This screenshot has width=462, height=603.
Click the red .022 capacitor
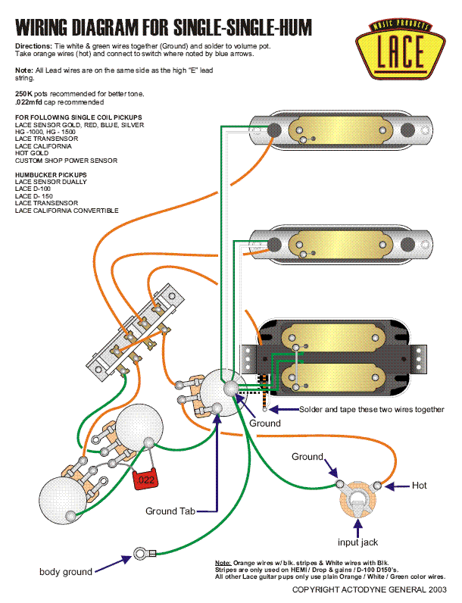pyautogui.click(x=144, y=479)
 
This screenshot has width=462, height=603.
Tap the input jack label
pyautogui.click(x=358, y=542)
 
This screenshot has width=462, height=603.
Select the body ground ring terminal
pyautogui.click(x=140, y=555)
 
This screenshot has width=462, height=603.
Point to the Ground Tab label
pyautogui.click(x=170, y=511)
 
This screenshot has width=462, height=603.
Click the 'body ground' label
pyautogui.click(x=66, y=571)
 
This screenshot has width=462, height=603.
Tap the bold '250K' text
pyautogui.click(x=25, y=93)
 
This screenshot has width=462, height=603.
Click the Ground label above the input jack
pyautogui.click(x=307, y=457)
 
